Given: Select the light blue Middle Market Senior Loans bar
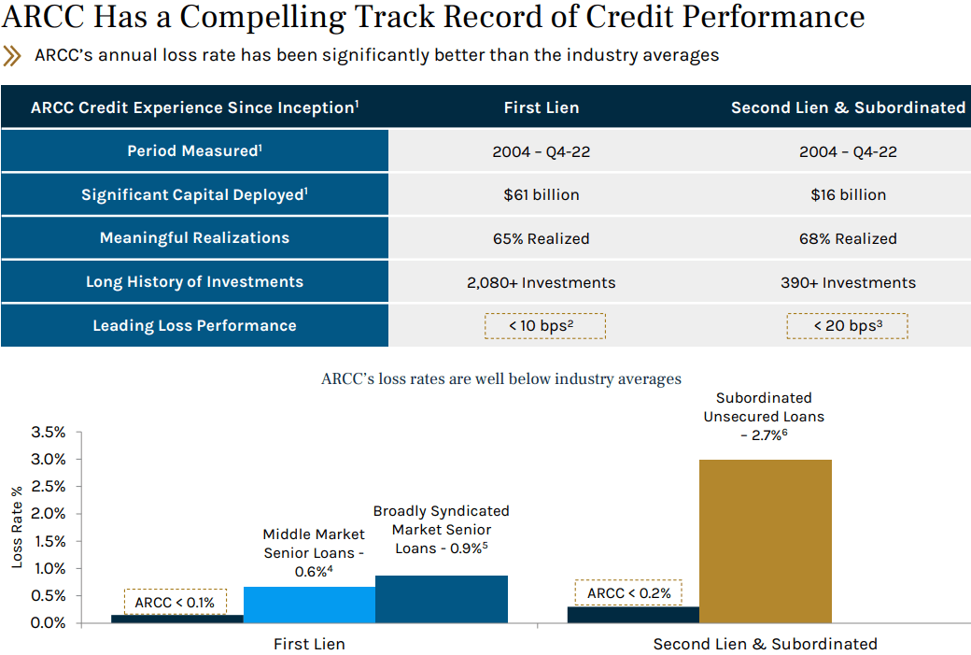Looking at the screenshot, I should pos(309,605).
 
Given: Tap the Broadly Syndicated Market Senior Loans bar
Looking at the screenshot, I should pos(441,599).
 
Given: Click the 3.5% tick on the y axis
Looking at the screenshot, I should pos(49,433).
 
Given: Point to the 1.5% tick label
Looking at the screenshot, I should pos(49,541).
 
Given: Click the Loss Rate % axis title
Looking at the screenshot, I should pos(17,527).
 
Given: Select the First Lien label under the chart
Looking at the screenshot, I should pos(309,644).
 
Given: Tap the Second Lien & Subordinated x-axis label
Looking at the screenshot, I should pos(765,644).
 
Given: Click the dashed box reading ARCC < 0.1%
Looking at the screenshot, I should pos(175,603).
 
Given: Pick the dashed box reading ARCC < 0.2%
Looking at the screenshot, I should pos(628,593).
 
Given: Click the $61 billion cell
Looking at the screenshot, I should pos(541,195).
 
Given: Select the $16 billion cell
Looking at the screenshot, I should pos(848,195).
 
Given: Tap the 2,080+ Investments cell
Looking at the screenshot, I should pos(541,282).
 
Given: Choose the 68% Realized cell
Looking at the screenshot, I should pos(848,239).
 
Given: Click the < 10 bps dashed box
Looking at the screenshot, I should pos(544,325).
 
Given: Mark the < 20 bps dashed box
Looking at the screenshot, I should pos(848,325).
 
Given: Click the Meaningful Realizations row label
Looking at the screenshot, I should pos(194,238).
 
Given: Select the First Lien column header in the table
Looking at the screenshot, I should pos(541,107).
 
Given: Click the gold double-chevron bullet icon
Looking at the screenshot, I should pos(12,56).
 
